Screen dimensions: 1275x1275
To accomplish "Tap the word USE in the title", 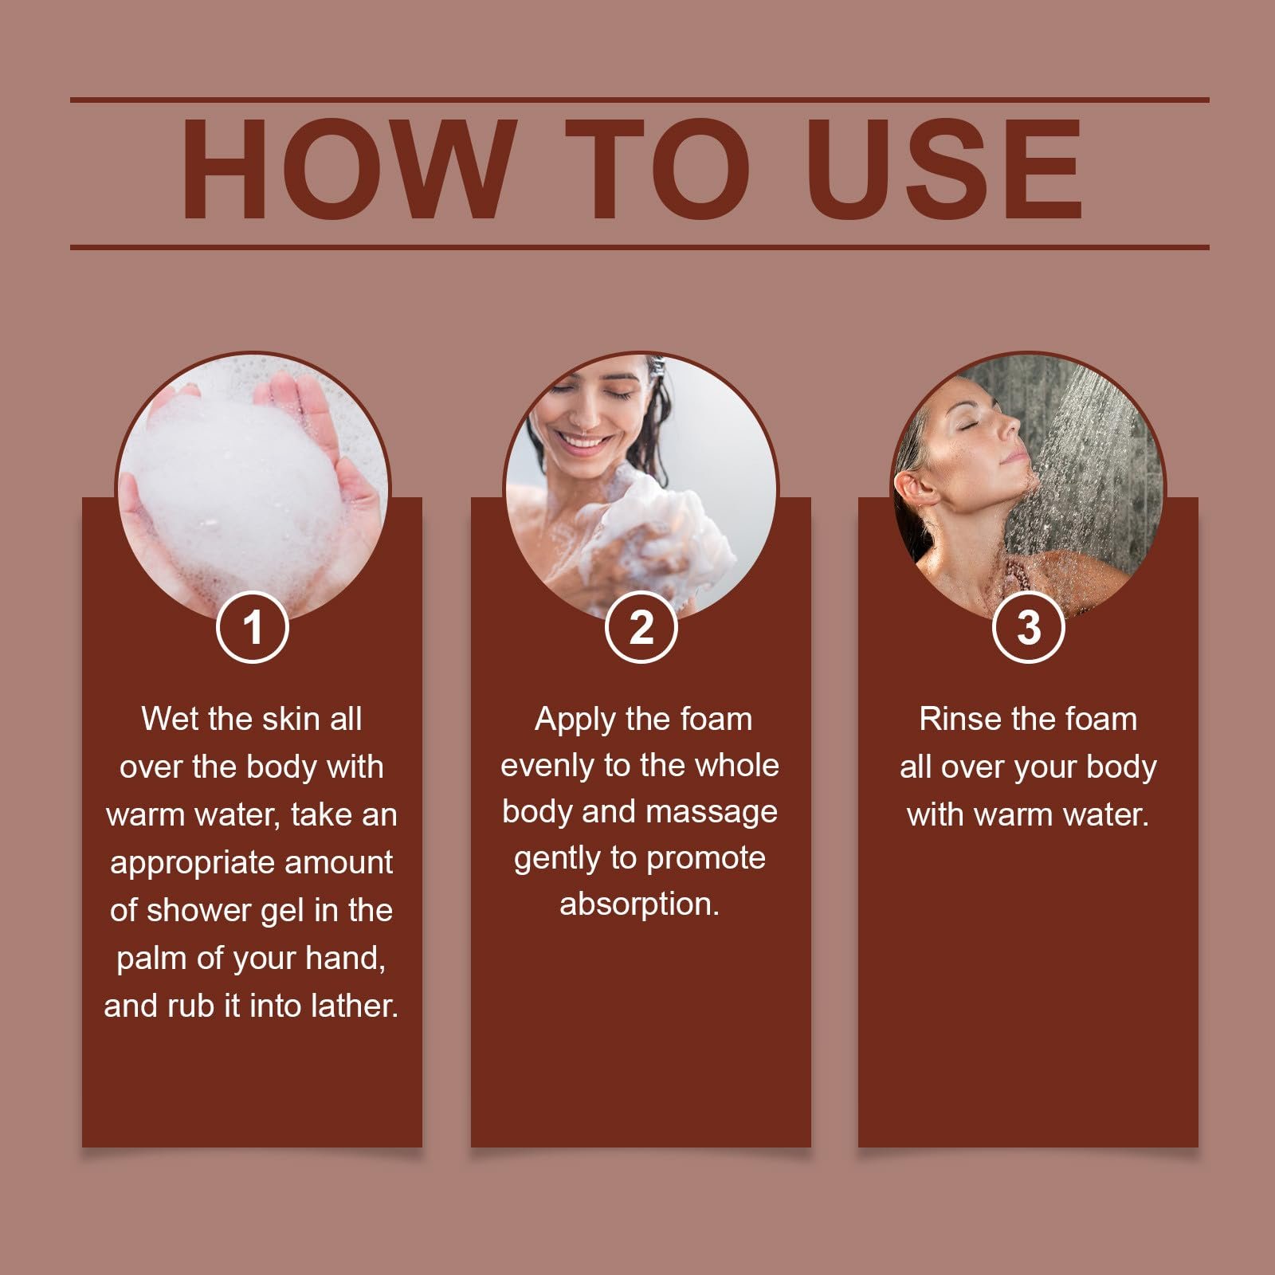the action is coord(944,169).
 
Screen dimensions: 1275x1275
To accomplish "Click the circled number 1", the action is coord(252,627).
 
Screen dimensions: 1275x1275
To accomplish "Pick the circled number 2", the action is coord(641,627).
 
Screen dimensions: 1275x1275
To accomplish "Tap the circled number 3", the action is coord(1029,627).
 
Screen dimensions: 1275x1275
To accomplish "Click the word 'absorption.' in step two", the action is coord(640,905).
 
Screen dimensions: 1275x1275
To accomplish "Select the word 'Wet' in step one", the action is coord(165,719).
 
